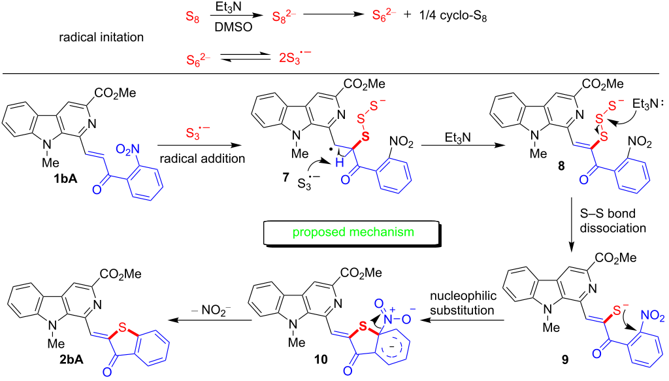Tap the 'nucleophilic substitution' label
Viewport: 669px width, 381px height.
coord(463,303)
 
